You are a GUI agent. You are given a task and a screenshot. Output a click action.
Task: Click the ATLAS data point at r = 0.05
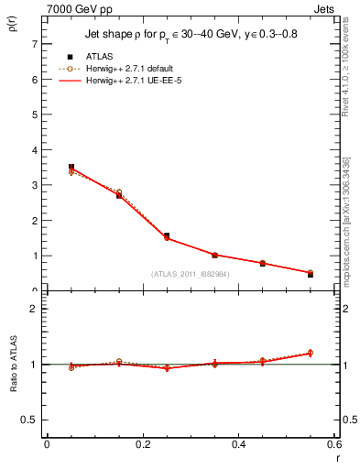click(71, 167)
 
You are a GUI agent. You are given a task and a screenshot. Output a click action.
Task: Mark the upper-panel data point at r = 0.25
click(167, 235)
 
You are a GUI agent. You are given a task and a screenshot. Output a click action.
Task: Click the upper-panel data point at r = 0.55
click(311, 274)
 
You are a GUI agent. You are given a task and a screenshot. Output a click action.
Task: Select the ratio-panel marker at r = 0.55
click(311, 353)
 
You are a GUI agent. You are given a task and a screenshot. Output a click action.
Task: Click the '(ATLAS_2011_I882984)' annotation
click(189, 274)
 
